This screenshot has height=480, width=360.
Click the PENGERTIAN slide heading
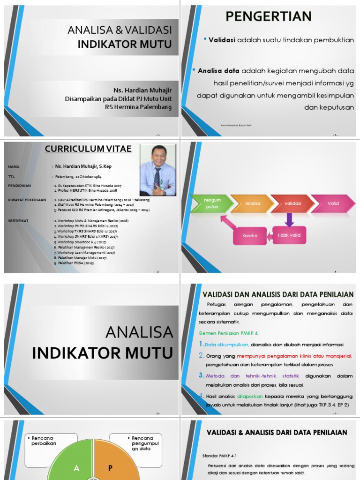tap(269, 16)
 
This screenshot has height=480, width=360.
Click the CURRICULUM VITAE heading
tap(88, 149)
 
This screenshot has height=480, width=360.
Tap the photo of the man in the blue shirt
tap(158, 170)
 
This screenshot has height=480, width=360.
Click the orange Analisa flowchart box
tap(253, 203)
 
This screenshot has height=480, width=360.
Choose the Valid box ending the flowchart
tap(333, 203)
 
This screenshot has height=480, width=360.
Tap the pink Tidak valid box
tap(289, 235)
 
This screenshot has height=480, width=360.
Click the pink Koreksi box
tap(250, 235)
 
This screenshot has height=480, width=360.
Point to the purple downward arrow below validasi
tap(289, 219)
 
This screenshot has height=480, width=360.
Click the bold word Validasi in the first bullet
tap(222, 40)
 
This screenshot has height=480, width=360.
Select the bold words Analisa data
tap(218, 71)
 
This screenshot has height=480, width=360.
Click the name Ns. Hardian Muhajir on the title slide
tap(142, 90)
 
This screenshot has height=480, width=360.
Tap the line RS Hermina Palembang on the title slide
tap(138, 107)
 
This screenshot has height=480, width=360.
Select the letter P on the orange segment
tap(111, 468)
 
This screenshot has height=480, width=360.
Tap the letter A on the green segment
tap(76, 468)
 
